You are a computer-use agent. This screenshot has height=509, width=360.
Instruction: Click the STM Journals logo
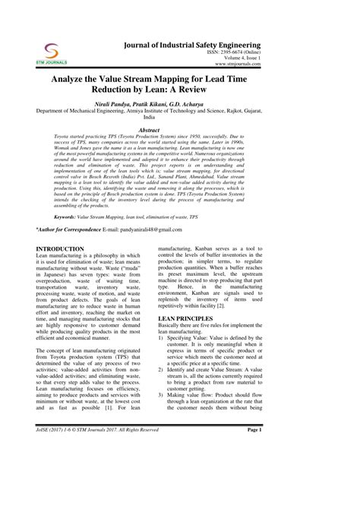(52, 53)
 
